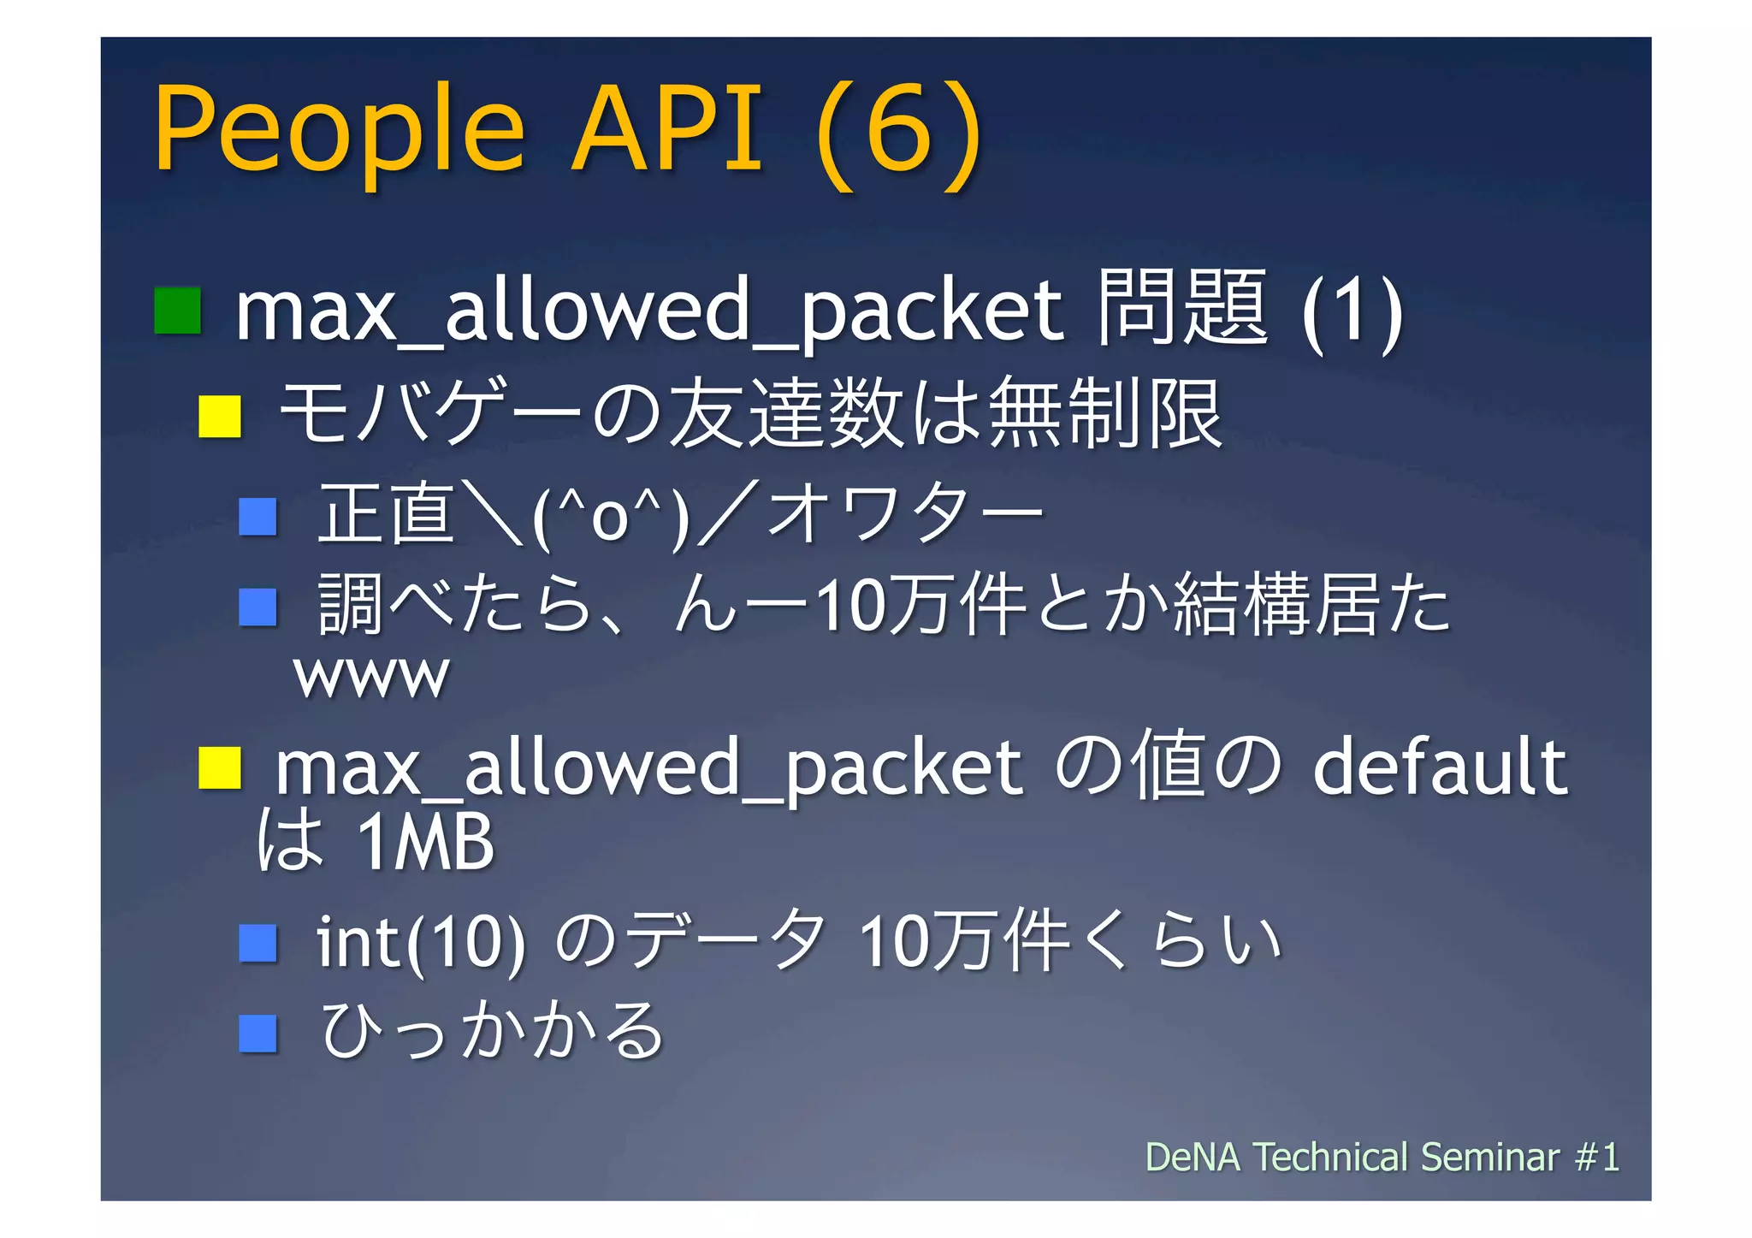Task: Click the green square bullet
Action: click(177, 311)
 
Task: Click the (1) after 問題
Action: click(1352, 311)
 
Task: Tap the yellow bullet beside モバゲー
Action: click(220, 417)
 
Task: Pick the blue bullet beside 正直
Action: click(257, 517)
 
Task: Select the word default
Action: click(1440, 767)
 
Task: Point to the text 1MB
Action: click(425, 842)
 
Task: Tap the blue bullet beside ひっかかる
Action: click(257, 1033)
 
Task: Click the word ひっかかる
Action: click(492, 1031)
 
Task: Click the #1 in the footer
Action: click(1597, 1157)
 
